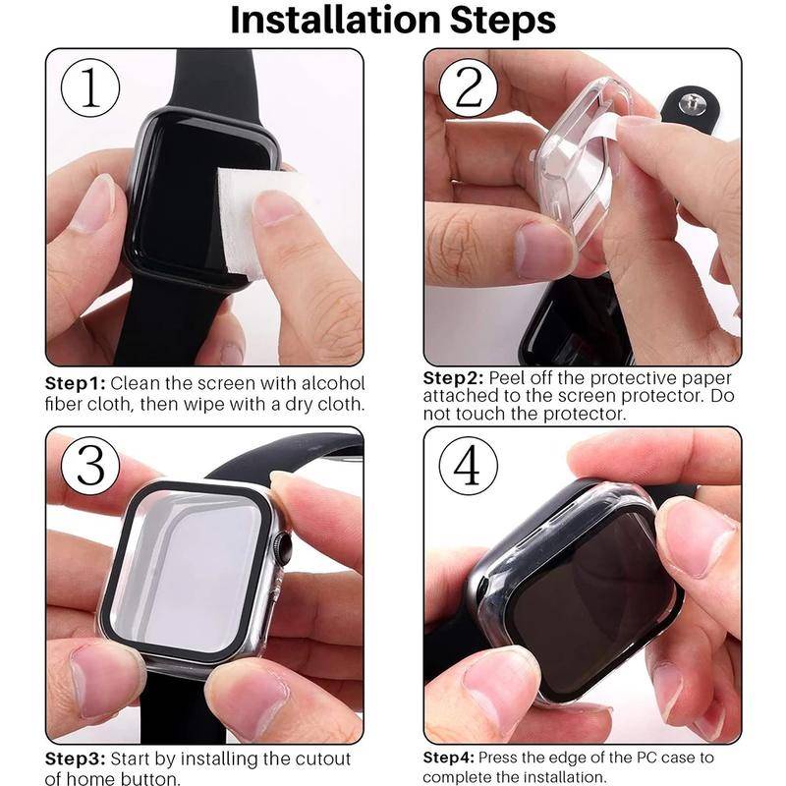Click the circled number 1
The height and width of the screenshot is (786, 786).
click(x=89, y=89)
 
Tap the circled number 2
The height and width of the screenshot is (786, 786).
click(x=469, y=89)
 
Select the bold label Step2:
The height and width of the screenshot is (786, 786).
click(x=453, y=378)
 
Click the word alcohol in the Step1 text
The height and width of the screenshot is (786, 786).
click(x=333, y=382)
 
